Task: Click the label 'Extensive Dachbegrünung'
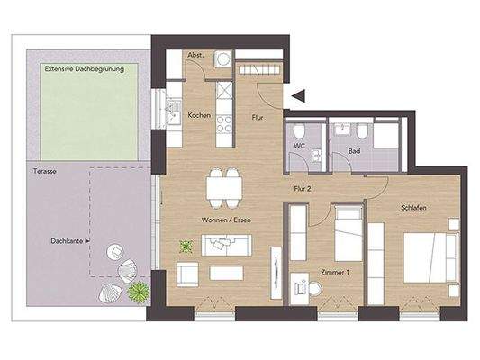point(85,68)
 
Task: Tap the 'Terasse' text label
point(45,169)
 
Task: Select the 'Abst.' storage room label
point(195,55)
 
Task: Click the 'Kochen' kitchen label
point(199,114)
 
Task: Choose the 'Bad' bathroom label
point(355,150)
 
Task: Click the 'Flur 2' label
point(303,189)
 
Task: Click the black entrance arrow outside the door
point(300,93)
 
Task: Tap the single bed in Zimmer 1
point(348,234)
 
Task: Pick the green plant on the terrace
point(138,291)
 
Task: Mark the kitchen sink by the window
point(171,112)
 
